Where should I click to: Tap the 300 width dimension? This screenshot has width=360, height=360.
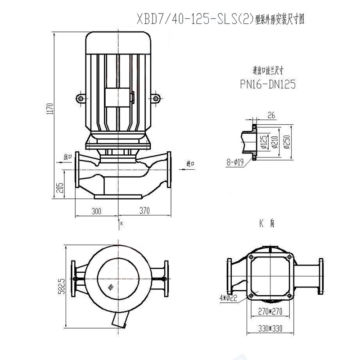coord(96,210)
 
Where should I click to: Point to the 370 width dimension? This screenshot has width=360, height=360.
coord(144,210)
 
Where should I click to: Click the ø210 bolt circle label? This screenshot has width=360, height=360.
coord(277,143)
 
